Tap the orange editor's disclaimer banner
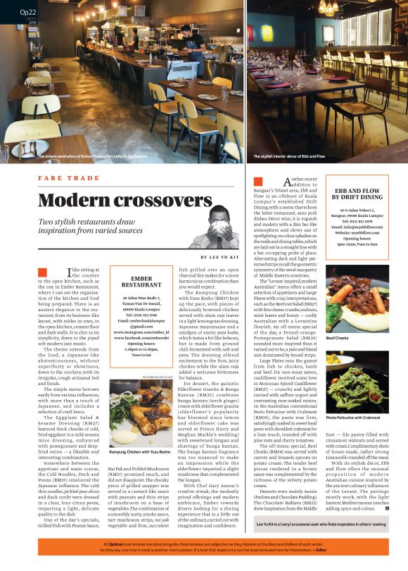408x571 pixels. (204, 548)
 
